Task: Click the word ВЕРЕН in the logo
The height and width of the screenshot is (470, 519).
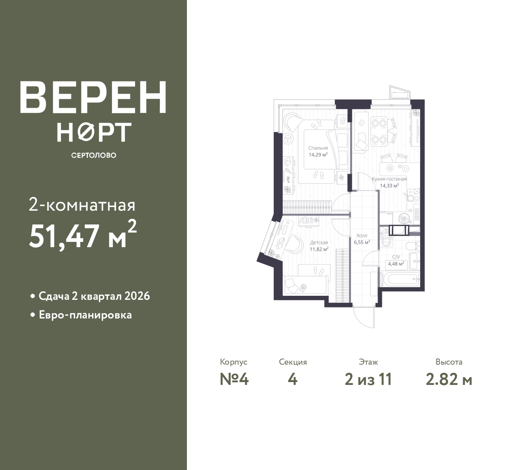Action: coord(93,97)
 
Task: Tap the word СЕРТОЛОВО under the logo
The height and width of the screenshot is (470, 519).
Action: coord(94,155)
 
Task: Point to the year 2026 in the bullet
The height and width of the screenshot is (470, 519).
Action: coord(137,296)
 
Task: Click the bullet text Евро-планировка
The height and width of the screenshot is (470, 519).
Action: coord(85,315)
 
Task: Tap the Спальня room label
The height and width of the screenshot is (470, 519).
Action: coord(318,148)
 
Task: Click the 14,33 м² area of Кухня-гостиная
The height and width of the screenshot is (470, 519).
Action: coord(389,186)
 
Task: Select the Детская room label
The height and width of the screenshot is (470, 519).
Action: coord(319,242)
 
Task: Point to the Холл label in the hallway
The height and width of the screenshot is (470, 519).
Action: coord(362,235)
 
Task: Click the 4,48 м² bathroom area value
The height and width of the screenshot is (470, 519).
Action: coord(396,264)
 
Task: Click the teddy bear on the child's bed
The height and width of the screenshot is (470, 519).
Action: coord(302,287)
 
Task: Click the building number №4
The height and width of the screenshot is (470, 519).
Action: coord(234,379)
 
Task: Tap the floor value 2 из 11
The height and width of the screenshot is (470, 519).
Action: coord(368,379)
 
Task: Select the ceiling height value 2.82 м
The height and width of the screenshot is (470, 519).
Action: coord(449,379)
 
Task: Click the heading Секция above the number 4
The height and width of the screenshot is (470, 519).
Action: coord(293,362)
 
